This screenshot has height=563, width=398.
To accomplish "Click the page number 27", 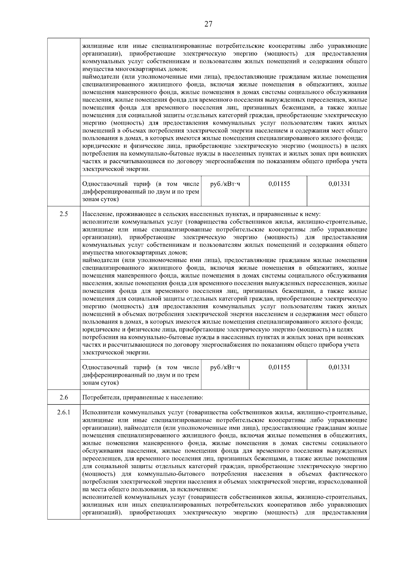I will tap(208, 24).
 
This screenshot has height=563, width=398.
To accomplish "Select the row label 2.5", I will tap(64, 214).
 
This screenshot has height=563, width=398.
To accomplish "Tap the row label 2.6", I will tap(64, 397).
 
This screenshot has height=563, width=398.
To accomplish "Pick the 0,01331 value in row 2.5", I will tap(339, 367).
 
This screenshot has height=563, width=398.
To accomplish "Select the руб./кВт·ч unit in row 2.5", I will tap(225, 367).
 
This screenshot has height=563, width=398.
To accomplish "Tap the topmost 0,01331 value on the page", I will tap(339, 184).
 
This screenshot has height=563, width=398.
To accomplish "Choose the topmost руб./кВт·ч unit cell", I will tap(225, 184).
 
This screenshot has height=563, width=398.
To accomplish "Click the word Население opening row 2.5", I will tap(97, 214).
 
